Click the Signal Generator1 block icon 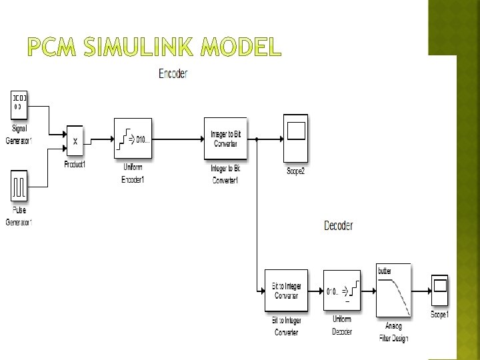pos(19,105)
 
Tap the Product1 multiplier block pos(75,140)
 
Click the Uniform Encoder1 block pos(133,139)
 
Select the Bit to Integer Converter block pos(286,291)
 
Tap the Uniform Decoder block pos(342,291)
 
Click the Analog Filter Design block pos(393,289)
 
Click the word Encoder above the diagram pos(173,74)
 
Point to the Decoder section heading pos(338,225)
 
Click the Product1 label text pos(75,164)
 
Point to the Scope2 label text pos(295,171)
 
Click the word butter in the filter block pos(385,271)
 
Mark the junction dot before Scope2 pos(257,140)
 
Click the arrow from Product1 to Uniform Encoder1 pos(100,140)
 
